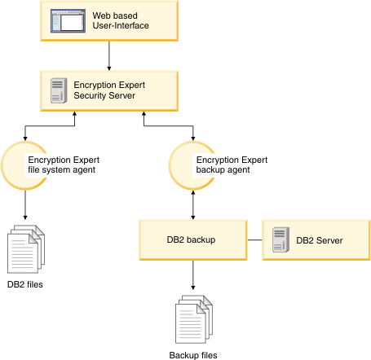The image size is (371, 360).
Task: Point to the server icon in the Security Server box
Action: (x=57, y=90)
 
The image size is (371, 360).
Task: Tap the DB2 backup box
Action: (x=192, y=239)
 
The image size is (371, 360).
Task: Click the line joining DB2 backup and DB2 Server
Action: (x=254, y=240)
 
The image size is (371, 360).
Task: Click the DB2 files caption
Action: (x=25, y=284)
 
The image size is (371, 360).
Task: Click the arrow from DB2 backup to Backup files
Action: (x=193, y=277)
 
